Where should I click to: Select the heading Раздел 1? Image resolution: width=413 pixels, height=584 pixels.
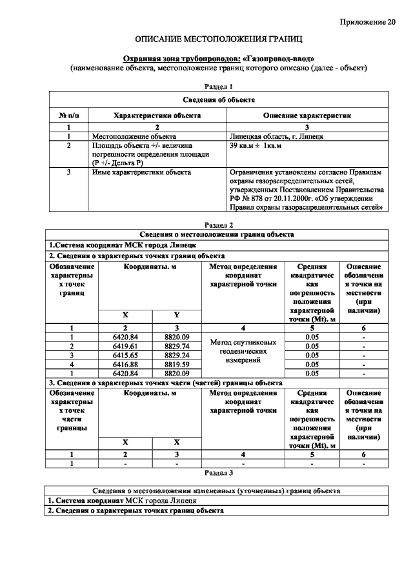pos(217,86)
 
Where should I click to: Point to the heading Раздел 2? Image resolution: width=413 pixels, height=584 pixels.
pos(217,225)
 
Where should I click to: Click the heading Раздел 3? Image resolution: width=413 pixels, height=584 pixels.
pos(217,472)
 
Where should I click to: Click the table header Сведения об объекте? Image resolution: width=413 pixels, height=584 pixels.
pos(218,100)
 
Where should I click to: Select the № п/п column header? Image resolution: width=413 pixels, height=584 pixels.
pos(68,115)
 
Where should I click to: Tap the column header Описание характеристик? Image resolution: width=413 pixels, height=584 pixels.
pos(307,115)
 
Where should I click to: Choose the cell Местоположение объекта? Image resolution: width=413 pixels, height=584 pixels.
pos(134,137)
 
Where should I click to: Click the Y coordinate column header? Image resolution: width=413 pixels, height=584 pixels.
pos(176,314)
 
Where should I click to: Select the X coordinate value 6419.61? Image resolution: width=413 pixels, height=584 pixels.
pos(126,346)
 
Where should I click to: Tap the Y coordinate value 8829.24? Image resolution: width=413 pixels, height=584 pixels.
pos(176,355)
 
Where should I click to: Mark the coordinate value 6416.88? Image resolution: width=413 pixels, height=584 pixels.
pos(126,364)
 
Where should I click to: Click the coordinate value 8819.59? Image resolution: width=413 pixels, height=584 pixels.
pos(176,364)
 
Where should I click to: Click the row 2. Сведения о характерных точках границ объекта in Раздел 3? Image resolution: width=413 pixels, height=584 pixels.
pos(136,510)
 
